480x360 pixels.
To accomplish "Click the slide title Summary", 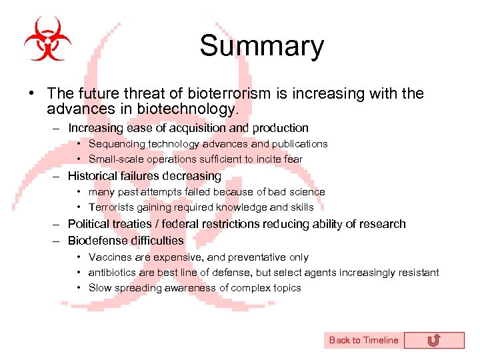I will point(261,46).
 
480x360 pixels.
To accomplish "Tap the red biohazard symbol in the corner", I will point(47,39).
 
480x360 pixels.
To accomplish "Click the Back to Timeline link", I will point(363,340).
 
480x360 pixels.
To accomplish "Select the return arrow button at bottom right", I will point(433,341).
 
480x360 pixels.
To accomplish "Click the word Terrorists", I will point(112,207).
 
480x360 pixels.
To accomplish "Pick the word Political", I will point(89,224).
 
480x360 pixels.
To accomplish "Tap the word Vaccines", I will point(109,257).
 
